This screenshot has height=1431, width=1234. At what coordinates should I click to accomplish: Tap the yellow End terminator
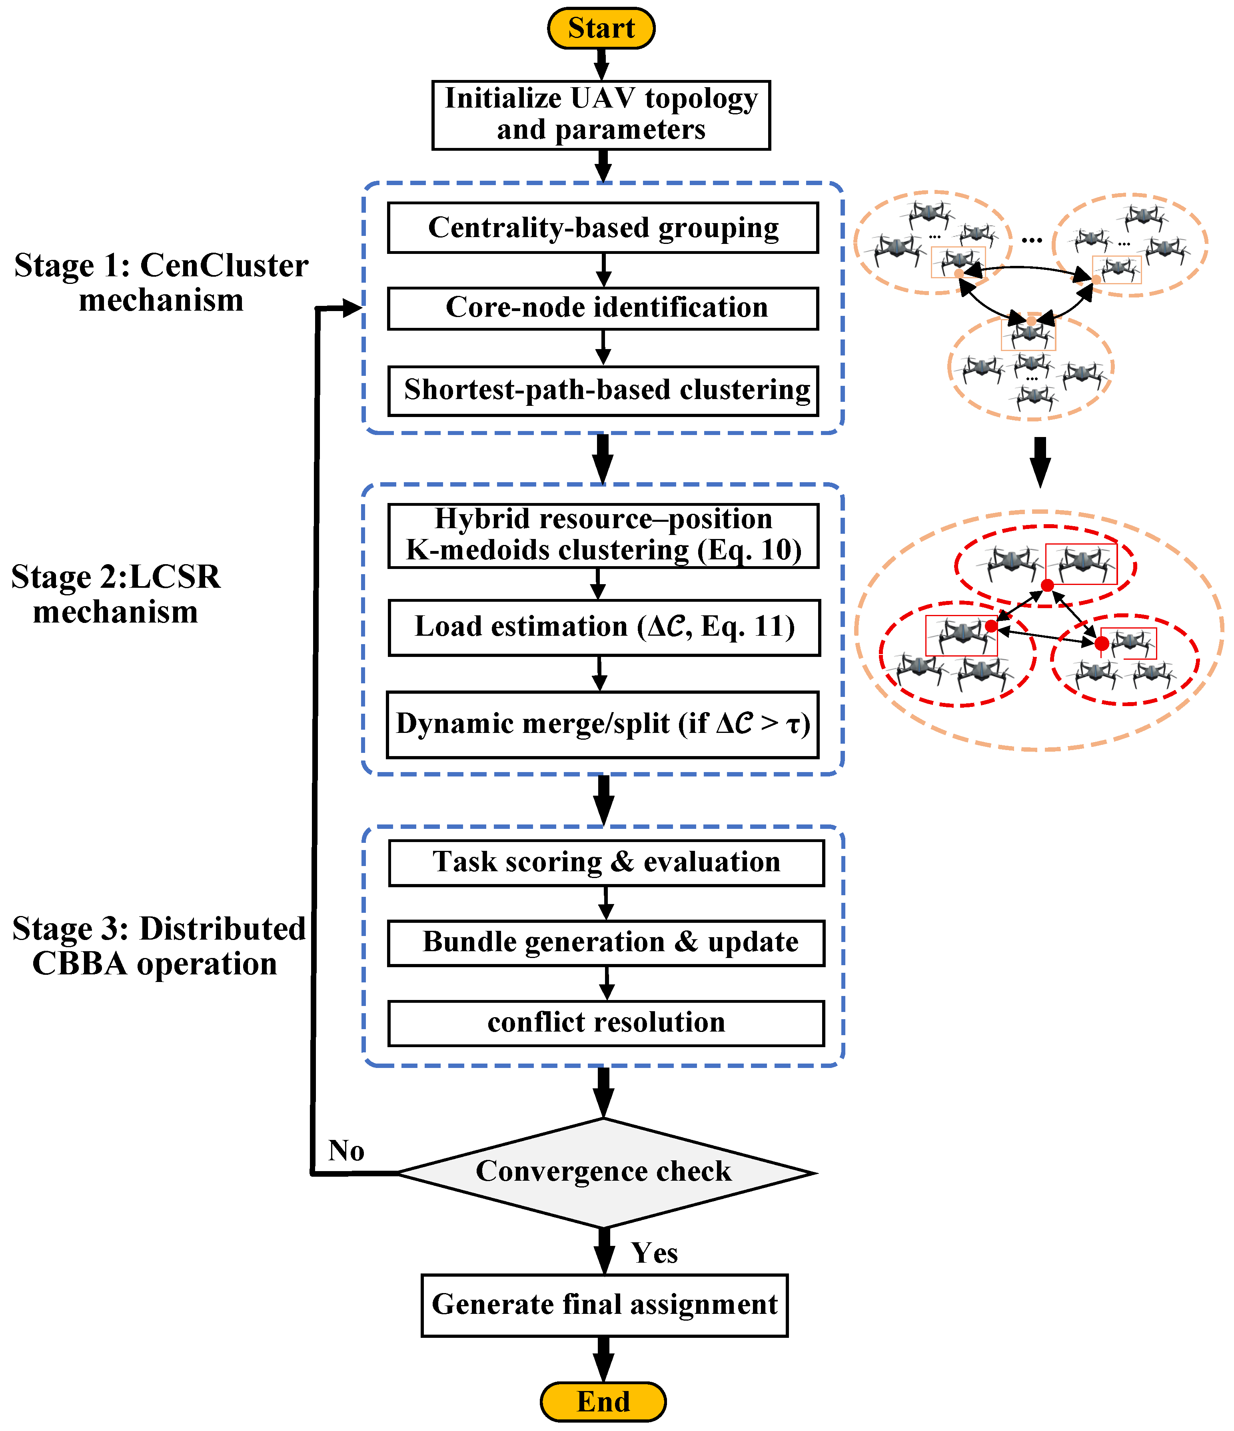[603, 1401]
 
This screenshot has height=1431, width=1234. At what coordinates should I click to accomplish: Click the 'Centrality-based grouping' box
[603, 227]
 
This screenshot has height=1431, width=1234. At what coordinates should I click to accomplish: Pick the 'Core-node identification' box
[603, 308]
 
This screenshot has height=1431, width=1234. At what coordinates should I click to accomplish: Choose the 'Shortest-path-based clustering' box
[603, 390]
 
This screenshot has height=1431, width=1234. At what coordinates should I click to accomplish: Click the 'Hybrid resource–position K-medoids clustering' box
[603, 535]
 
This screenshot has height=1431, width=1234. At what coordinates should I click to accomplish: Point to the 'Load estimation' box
[604, 627]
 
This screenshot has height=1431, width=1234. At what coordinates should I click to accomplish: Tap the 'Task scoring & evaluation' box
[606, 862]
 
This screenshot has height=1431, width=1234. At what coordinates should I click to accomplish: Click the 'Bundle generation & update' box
[606, 943]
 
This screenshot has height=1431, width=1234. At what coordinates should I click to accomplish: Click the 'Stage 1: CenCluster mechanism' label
[161, 282]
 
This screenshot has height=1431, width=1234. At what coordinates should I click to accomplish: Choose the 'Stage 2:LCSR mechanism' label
[116, 594]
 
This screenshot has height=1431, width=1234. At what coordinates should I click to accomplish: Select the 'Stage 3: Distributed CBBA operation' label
[159, 946]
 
